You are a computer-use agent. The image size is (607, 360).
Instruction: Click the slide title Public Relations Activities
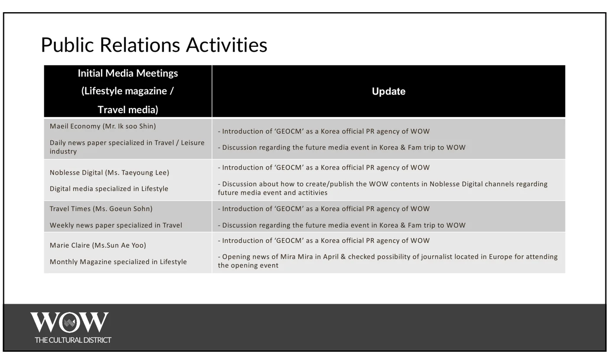click(x=154, y=45)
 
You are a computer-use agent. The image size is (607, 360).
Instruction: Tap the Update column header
click(x=388, y=92)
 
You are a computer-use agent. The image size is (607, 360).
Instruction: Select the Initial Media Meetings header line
click(x=128, y=73)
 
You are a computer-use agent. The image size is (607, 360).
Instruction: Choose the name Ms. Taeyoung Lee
click(x=137, y=173)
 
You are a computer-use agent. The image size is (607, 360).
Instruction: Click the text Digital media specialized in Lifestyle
click(x=109, y=189)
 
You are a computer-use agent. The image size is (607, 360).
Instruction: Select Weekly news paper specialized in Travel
click(x=116, y=225)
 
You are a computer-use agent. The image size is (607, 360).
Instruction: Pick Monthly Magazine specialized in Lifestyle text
click(x=118, y=262)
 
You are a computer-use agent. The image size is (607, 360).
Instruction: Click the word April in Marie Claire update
click(x=330, y=257)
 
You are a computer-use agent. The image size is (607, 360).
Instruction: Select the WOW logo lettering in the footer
click(x=69, y=322)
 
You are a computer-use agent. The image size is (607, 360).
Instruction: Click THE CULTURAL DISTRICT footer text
click(x=73, y=340)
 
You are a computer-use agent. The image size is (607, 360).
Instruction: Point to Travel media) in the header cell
click(x=128, y=110)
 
